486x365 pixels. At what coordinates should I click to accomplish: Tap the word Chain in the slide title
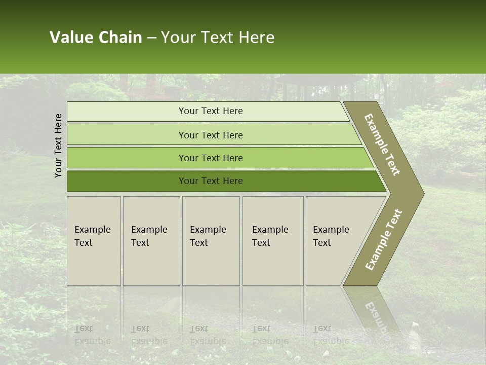[120, 38]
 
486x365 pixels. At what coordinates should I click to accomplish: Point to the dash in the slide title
[151, 38]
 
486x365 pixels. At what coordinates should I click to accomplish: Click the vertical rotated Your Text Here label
[58, 145]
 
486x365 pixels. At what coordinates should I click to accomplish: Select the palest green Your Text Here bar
[210, 111]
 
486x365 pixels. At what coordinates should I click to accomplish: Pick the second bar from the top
[210, 135]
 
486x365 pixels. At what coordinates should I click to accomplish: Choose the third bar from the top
[210, 158]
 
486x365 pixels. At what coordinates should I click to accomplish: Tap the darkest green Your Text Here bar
[210, 181]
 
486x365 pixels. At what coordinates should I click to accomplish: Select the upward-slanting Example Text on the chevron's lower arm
[384, 239]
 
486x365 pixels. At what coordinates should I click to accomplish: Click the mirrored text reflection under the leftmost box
[93, 335]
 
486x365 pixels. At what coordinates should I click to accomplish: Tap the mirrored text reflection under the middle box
[208, 335]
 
